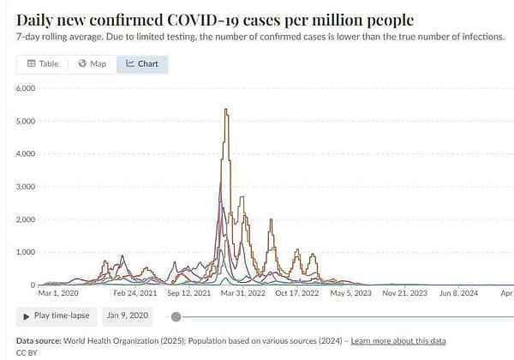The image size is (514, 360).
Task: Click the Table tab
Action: pos(43,63)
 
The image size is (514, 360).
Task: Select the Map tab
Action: pos(92,63)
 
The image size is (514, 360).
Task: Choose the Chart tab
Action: pos(142,63)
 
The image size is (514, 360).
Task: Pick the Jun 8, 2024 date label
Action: pos(457,293)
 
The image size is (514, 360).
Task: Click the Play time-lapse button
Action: pos(56,315)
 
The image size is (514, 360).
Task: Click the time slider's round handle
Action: pos(176,316)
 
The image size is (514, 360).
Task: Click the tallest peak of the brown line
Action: pos(224,110)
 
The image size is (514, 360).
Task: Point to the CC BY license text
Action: pos(28,352)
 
